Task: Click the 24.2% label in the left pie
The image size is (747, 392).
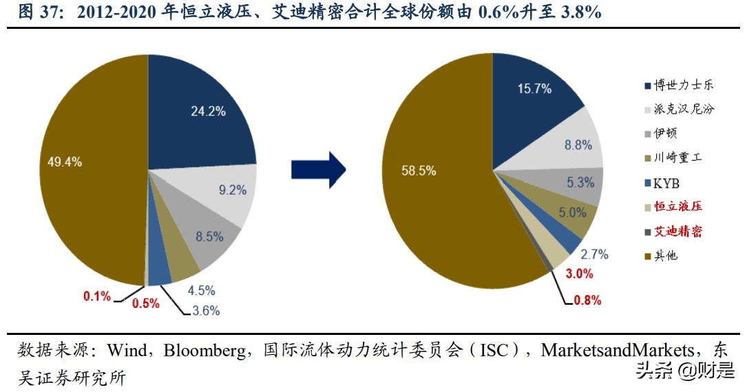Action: pyautogui.click(x=207, y=111)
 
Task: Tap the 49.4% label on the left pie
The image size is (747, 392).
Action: pyautogui.click(x=65, y=162)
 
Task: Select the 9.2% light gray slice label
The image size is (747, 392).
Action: pyautogui.click(x=233, y=190)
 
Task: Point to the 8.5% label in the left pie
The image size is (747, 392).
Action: pyautogui.click(x=209, y=237)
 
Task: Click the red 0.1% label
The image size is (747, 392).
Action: pyautogui.click(x=97, y=296)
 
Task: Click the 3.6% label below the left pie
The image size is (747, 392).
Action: pyautogui.click(x=206, y=311)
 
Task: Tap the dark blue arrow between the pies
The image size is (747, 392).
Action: pyautogui.click(x=317, y=168)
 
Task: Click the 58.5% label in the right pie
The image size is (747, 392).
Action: pyautogui.click(x=419, y=171)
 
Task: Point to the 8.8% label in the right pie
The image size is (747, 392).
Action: pyautogui.click(x=578, y=145)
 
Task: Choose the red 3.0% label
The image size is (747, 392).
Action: pyautogui.click(x=579, y=274)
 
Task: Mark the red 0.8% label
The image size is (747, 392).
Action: pyautogui.click(x=587, y=301)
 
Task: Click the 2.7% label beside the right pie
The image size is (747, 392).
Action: pyautogui.click(x=595, y=254)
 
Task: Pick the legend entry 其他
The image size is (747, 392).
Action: pyautogui.click(x=665, y=256)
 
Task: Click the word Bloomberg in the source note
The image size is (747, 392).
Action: pyautogui.click(x=207, y=351)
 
